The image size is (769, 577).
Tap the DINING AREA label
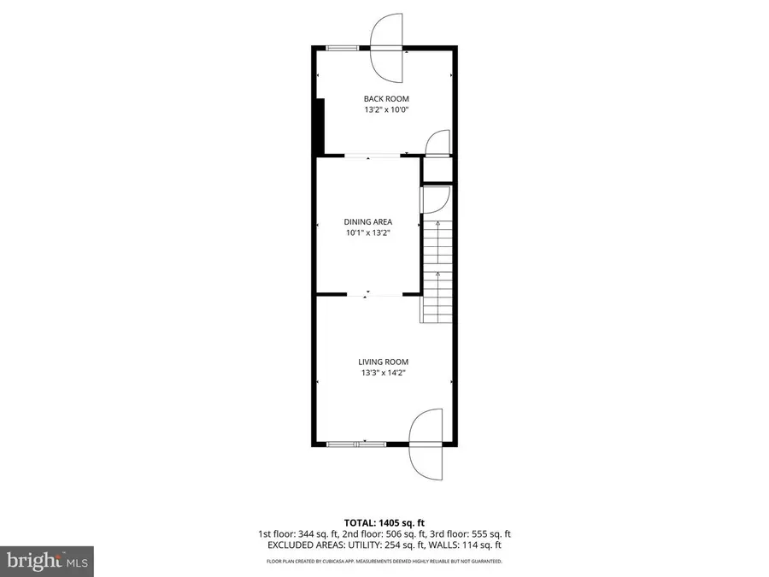(x=368, y=221)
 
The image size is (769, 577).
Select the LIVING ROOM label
(x=384, y=362)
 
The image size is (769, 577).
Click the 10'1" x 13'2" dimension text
(x=368, y=233)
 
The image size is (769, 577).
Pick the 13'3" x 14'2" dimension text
(x=384, y=373)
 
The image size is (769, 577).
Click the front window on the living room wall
(x=356, y=444)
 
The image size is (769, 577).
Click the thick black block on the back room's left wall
(x=320, y=127)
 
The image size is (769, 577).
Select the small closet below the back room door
(x=437, y=169)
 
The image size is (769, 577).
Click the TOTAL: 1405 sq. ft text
(x=384, y=521)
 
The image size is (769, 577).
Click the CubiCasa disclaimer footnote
(x=384, y=562)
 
